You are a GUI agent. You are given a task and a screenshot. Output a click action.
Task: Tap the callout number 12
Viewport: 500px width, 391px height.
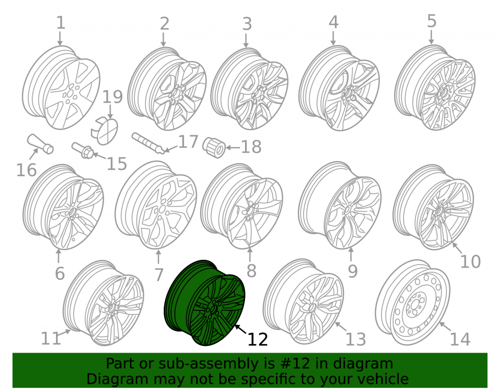tap(257, 339)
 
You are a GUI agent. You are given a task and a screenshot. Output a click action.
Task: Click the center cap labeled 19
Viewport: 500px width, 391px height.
tap(104, 131)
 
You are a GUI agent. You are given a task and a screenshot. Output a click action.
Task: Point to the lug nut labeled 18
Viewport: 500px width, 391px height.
tap(214, 147)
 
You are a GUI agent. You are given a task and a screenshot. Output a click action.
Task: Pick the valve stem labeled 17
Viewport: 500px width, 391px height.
tap(148, 143)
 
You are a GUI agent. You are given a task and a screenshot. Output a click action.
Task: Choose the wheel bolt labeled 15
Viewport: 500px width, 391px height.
tap(82, 150)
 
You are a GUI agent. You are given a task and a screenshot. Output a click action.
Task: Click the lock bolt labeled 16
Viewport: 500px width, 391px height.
tap(40, 144)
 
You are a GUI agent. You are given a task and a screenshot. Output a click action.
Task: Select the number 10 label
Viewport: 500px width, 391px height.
tap(470, 261)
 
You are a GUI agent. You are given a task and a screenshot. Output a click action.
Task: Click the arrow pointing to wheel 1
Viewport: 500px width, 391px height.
tap(59, 39)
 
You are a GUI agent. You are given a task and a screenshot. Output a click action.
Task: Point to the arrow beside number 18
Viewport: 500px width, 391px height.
tap(233, 148)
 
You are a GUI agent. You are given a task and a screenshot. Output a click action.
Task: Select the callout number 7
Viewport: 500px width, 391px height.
tap(159, 274)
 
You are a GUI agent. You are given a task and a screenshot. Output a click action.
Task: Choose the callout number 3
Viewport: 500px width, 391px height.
tap(247, 24)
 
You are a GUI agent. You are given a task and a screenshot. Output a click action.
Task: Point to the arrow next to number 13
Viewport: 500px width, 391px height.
tap(340, 326)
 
